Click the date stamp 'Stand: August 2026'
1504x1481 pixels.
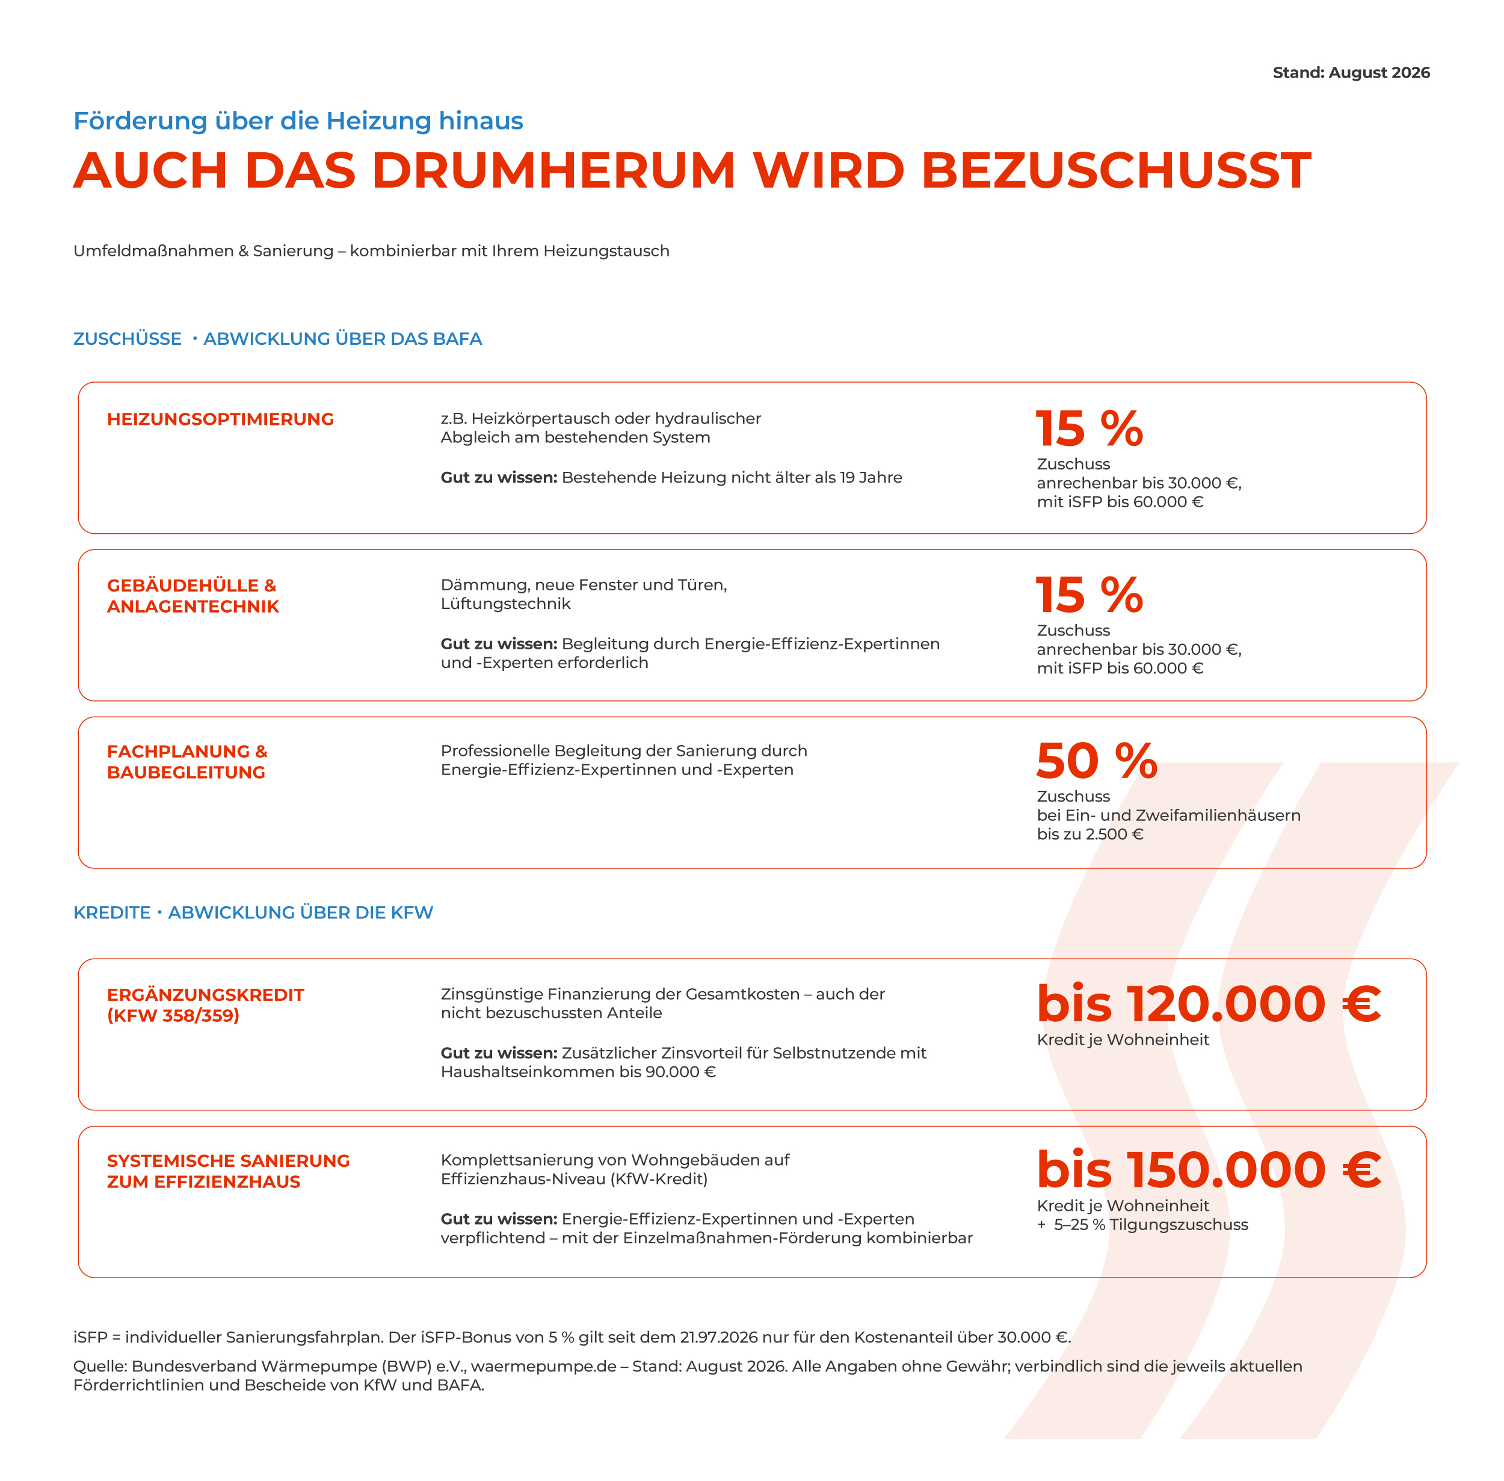1351,72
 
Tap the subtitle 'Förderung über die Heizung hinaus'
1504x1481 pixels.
298,120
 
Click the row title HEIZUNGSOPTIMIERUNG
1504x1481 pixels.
220,419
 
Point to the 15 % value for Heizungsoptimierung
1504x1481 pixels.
1089,428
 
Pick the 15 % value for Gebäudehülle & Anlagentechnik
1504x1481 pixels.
1089,595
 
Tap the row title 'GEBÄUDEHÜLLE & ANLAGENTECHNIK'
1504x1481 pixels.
193,596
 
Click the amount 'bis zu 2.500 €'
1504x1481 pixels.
1089,834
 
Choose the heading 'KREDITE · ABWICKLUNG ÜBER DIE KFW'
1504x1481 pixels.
253,912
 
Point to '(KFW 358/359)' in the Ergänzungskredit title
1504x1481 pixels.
173,1015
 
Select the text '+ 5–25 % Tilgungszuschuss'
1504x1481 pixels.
1142,1224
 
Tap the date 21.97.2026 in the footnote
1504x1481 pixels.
718,1337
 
